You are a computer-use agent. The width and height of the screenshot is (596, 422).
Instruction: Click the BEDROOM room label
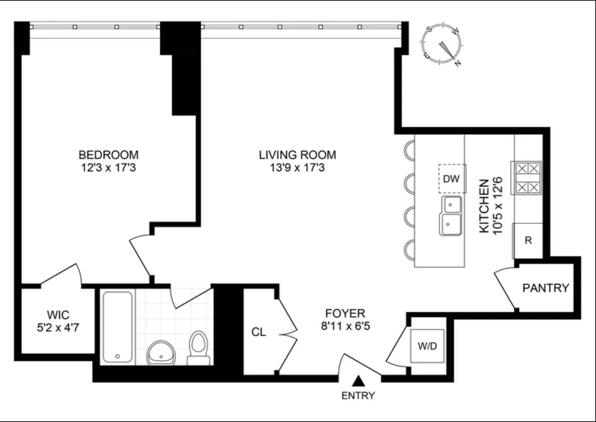(108, 155)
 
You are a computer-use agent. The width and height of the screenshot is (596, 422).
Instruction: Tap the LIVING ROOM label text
(297, 155)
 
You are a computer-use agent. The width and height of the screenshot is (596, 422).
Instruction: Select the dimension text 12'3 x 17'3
(108, 168)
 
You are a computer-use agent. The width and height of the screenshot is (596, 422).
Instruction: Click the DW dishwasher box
(452, 179)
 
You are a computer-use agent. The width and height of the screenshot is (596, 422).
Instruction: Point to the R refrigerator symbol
(528, 241)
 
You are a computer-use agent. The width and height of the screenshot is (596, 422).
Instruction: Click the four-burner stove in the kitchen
(526, 178)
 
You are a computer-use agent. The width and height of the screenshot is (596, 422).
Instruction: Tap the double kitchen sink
(451, 215)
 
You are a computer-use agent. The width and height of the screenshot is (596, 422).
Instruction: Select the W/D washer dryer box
(427, 346)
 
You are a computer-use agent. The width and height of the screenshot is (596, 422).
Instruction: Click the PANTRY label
(545, 288)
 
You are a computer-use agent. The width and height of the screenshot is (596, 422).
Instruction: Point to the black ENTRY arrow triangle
(358, 380)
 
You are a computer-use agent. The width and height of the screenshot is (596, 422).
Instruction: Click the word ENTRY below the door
(358, 396)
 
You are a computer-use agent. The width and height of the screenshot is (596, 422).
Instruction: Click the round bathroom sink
(161, 353)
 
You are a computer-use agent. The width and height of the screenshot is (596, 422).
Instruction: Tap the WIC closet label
(58, 315)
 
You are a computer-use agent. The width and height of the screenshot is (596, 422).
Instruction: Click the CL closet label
(259, 332)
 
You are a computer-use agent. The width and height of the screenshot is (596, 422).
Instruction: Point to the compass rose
(442, 44)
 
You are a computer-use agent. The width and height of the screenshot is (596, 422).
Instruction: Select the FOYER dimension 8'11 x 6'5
(345, 327)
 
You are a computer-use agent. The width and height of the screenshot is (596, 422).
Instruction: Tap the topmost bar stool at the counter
(409, 150)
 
